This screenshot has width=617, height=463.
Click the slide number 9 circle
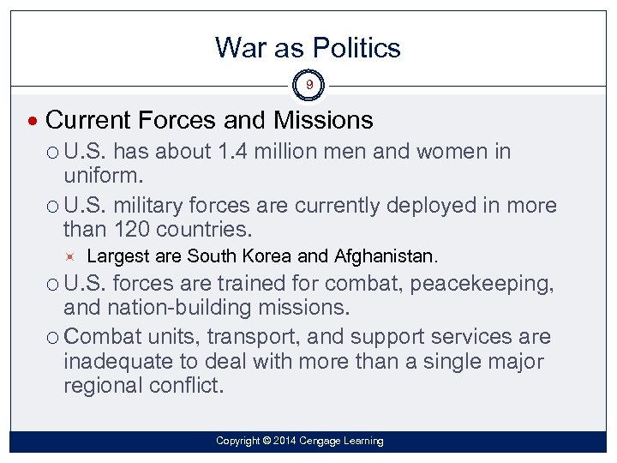[308, 85]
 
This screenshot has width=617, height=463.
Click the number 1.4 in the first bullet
[233, 153]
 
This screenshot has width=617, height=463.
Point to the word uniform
[103, 176]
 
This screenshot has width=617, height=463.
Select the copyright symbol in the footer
[267, 441]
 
